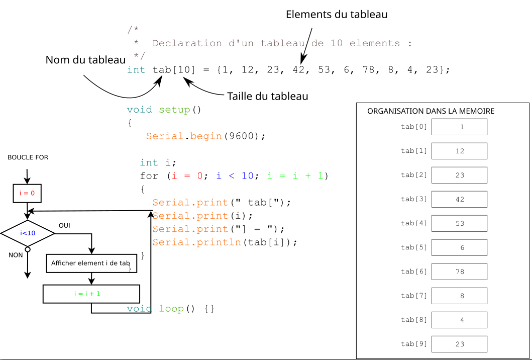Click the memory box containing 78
459,272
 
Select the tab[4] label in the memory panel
414,223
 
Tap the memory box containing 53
459,223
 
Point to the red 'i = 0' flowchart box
27,193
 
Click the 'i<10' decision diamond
28,233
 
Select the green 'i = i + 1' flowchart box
91,294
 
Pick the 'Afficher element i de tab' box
91,263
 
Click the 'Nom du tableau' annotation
85,60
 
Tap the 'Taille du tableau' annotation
267,97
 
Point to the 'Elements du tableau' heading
337,15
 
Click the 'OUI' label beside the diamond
64,226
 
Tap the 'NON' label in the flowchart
16,255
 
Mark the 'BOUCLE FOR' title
28,157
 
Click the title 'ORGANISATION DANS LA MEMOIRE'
431,112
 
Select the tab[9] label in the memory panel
414,344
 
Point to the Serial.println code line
225,242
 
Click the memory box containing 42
459,200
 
